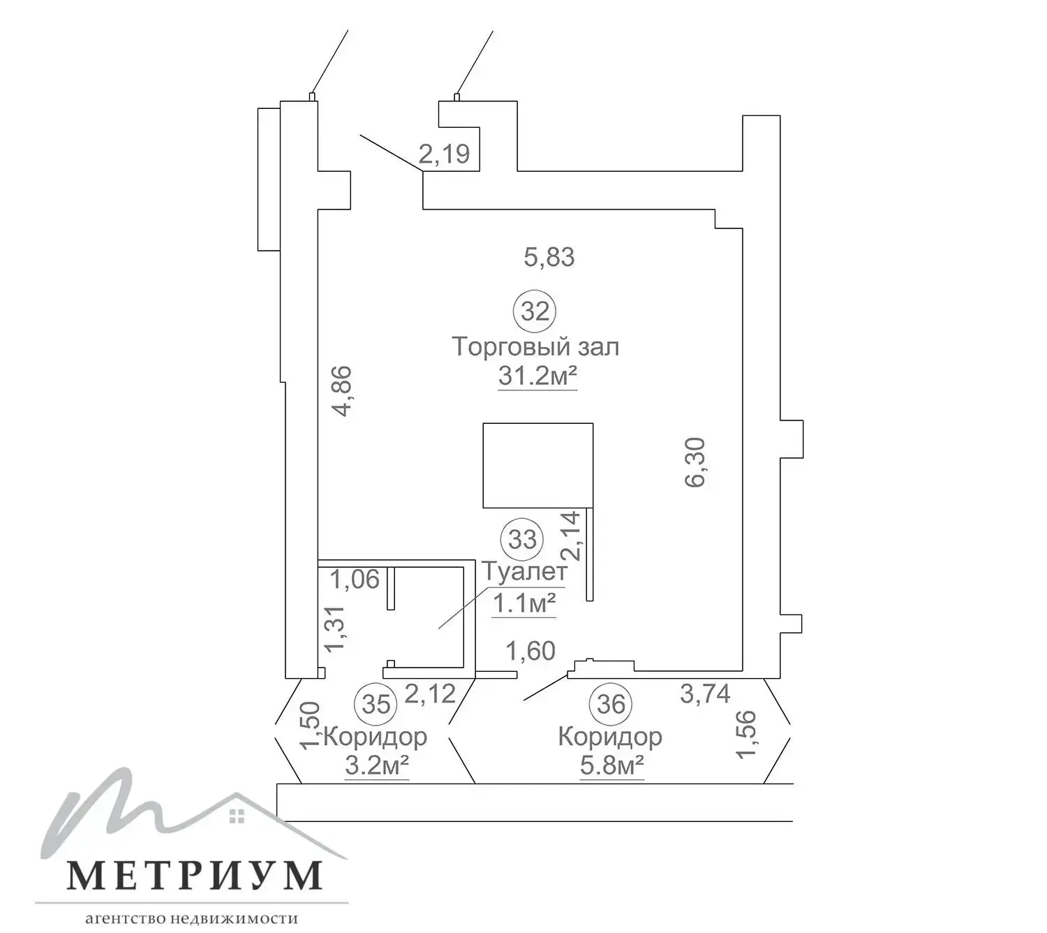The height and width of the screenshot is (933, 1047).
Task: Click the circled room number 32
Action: click(535, 311)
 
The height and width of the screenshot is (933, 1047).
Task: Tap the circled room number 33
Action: click(522, 539)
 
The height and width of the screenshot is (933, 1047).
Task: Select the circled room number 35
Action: click(376, 704)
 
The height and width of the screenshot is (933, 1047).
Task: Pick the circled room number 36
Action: click(611, 704)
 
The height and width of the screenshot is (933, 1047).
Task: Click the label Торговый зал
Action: click(535, 346)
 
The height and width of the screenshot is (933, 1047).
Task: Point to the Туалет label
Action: click(525, 571)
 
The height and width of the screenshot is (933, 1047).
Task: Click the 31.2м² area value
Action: click(537, 376)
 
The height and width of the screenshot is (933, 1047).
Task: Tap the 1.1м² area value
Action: click(524, 603)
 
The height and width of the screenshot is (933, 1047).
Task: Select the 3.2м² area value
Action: click(376, 766)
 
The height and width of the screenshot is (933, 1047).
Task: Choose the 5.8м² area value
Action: click(611, 766)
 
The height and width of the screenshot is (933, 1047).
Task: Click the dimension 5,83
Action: click(549, 257)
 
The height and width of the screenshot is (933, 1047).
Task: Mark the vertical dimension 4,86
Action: click(343, 391)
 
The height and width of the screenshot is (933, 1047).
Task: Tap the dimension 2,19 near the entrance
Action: click(444, 154)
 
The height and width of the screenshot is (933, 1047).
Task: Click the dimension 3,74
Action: click(705, 693)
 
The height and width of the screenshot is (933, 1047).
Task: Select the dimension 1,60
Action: click(530, 651)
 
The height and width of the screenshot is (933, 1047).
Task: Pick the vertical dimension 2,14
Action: click(570, 536)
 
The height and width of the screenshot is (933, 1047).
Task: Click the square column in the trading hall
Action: click(538, 465)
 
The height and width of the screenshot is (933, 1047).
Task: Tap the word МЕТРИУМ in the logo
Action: click(195, 875)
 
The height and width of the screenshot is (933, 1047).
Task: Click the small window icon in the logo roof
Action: click(237, 816)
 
